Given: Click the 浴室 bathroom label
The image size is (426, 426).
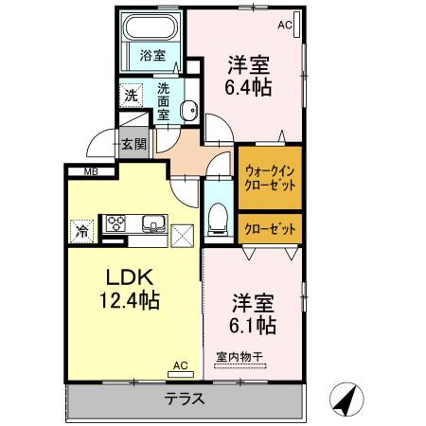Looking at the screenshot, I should pyautogui.click(x=153, y=56).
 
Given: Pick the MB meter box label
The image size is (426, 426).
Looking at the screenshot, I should pyautogui.click(x=91, y=171).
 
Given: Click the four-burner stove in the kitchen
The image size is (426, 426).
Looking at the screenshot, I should pyautogui.click(x=116, y=224).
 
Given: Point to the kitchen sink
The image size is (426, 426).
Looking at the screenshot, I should pyautogui.click(x=153, y=224).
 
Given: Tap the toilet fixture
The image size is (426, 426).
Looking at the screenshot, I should pyautogui.click(x=219, y=216).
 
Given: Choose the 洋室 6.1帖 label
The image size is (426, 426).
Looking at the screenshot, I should pyautogui.click(x=254, y=314).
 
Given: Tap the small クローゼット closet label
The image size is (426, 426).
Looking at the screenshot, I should pyautogui.click(x=270, y=227).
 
